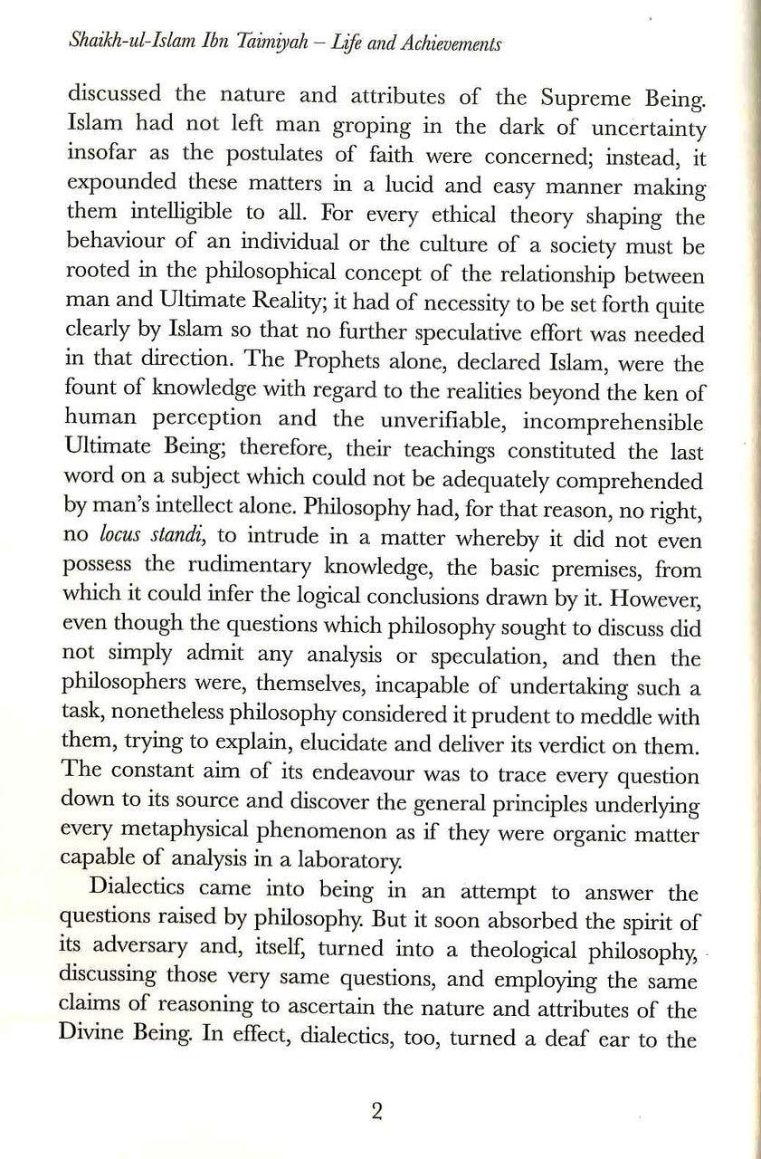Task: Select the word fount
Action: (90, 396)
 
